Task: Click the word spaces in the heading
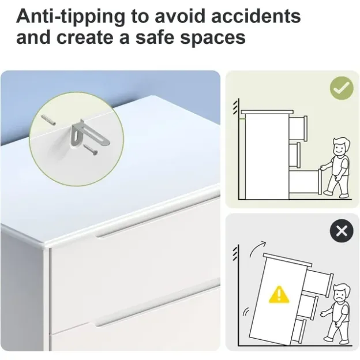coord(213,39)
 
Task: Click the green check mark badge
coord(342,88)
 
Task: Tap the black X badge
coord(342,231)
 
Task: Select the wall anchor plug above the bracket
coord(48,120)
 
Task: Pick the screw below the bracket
coord(90,149)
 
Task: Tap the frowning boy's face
coord(340,295)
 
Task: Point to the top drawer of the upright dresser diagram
coord(298,128)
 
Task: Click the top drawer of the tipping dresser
coord(318,283)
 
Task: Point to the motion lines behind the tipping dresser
coord(246,312)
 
